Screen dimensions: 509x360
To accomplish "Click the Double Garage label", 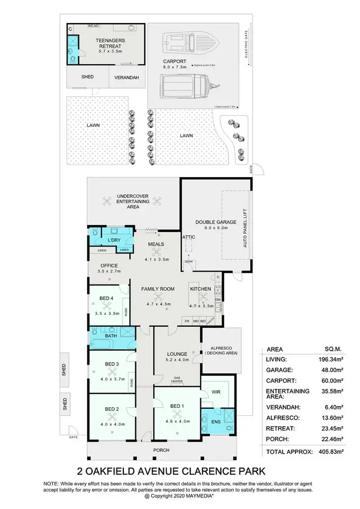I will (216, 222).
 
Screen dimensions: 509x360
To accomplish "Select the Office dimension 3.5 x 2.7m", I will (108, 272).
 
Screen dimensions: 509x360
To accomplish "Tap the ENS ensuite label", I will (215, 422).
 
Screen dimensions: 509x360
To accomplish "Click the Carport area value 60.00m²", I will (329, 380).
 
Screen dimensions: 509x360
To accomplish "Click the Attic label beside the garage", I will (188, 237).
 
